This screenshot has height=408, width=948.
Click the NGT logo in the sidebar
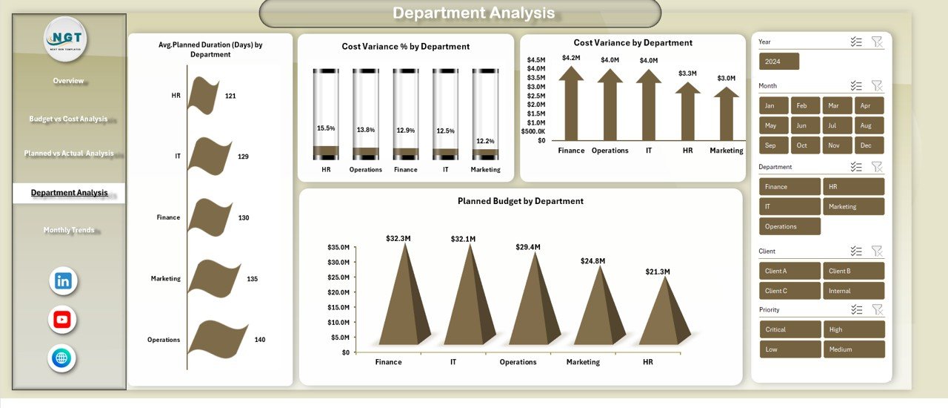pyautogui.click(x=65, y=39)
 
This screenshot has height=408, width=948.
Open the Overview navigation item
pyautogui.click(x=68, y=81)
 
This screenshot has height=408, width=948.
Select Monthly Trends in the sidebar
pyautogui.click(x=69, y=230)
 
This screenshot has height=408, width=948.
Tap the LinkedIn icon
pyautogui.click(x=63, y=281)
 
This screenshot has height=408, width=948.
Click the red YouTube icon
pyautogui.click(x=62, y=320)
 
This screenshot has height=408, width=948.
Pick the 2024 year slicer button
pyautogui.click(x=778, y=62)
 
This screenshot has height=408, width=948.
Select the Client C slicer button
pyautogui.click(x=790, y=291)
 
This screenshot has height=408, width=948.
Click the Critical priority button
pyautogui.click(x=790, y=329)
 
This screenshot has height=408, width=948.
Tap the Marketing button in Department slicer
pyautogui.click(x=853, y=206)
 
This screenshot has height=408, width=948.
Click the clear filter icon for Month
pyautogui.click(x=877, y=86)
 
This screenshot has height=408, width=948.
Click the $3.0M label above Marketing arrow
pyautogui.click(x=726, y=78)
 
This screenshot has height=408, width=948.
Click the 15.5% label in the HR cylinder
pyautogui.click(x=326, y=128)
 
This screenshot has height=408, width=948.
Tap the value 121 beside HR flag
pyautogui.click(x=230, y=96)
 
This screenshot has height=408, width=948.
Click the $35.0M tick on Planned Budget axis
pyautogui.click(x=338, y=247)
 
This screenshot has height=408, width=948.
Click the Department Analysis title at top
pyautogui.click(x=473, y=13)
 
